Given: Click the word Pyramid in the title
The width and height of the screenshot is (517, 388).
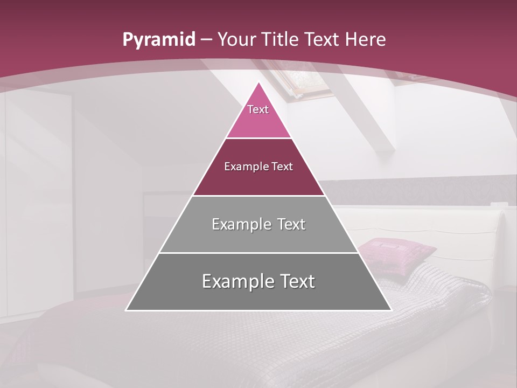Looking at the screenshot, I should [x=159, y=40].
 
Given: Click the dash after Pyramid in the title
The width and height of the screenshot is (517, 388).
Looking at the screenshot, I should [x=207, y=40].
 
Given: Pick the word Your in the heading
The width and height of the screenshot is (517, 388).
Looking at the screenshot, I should [x=237, y=40].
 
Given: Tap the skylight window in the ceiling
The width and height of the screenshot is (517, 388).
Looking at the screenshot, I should [x=304, y=84].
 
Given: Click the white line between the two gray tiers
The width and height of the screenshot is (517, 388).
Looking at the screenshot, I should [x=258, y=253].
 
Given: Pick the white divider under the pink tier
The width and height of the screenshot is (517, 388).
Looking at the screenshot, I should [x=258, y=138].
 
